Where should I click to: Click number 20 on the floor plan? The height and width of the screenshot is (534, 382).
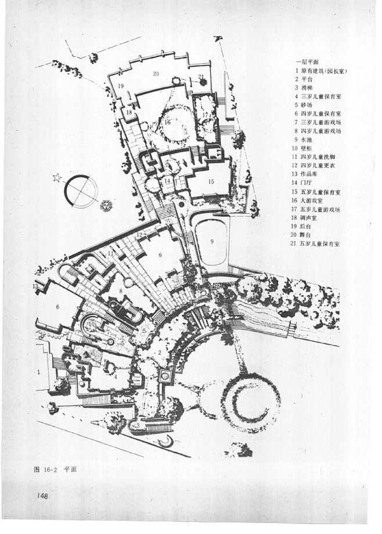(156, 74)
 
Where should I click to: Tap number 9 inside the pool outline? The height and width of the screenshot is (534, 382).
(212, 241)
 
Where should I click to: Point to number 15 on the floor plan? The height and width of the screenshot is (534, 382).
(211, 182)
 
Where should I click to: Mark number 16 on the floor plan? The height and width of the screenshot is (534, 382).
(167, 123)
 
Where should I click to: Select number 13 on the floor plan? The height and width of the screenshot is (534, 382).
(35, 286)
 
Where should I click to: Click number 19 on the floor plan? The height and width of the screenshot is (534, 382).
(121, 85)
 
